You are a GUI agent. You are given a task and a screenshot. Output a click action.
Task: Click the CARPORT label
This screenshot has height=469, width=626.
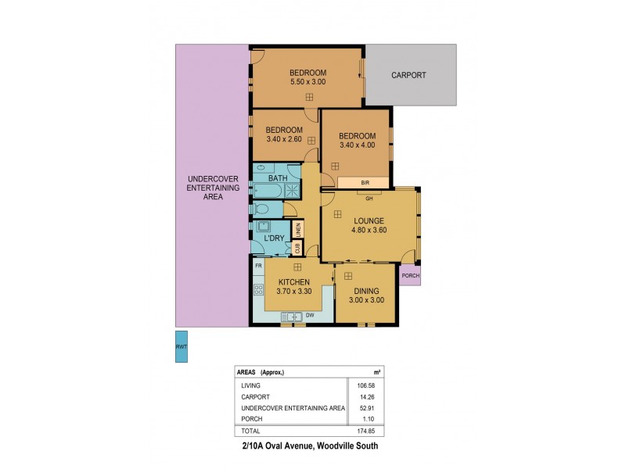pos(408,75)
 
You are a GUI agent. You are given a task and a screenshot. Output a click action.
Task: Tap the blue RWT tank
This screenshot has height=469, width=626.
pos(181,347)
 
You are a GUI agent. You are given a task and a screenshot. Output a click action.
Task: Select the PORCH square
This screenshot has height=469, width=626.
pos(410,275)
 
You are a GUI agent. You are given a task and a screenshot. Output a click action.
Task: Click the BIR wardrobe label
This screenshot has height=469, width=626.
pos(365,183)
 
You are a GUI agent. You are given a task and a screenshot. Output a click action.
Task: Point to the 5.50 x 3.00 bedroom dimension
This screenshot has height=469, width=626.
pos(308,81)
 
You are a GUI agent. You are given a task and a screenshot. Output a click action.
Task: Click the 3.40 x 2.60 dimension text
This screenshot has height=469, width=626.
pos(283,139)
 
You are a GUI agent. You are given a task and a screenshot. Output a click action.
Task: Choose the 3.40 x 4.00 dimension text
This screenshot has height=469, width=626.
pos(358,145)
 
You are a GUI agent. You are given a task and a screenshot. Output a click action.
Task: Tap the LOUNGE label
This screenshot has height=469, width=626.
pos(367,221)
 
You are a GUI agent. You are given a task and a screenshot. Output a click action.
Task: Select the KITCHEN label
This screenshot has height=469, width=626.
pos(295,281)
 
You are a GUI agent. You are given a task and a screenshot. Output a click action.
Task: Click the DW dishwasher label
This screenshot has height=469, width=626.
pos(310,315)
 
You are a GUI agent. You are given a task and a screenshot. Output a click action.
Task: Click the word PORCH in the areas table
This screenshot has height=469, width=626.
pos(253,418)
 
